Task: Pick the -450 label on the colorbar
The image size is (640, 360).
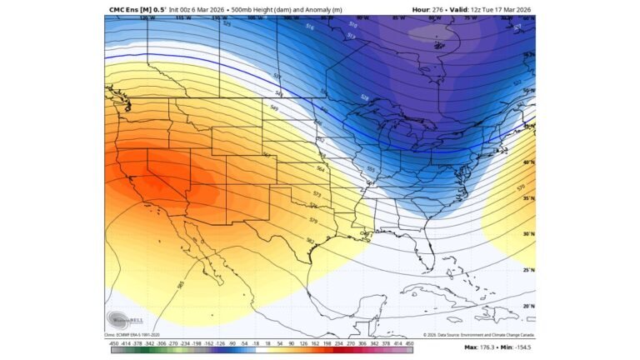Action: pyautogui.click(x=114, y=342)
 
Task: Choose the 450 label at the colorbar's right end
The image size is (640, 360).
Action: pyautogui.click(x=408, y=342)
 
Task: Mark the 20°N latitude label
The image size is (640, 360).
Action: pyautogui.click(x=528, y=307)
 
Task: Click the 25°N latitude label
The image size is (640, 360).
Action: pyautogui.click(x=528, y=271)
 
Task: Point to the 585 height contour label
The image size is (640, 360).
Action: pyautogui.click(x=181, y=284)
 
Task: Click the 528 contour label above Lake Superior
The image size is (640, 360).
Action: pyautogui.click(x=364, y=97)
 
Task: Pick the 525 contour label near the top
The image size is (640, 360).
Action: pyautogui.click(x=227, y=24)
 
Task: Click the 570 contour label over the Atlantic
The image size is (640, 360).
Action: pyautogui.click(x=522, y=188)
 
